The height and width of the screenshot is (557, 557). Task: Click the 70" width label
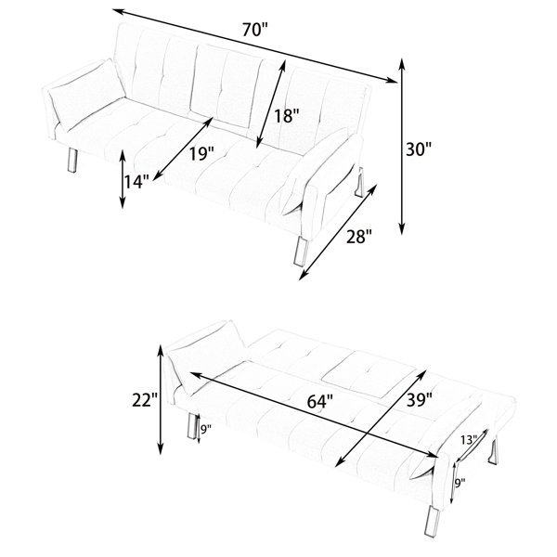(255, 30)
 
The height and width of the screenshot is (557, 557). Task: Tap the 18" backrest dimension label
(287, 116)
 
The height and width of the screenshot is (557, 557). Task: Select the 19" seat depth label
(201, 153)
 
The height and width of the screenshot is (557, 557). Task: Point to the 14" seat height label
(136, 182)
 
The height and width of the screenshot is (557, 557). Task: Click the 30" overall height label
(419, 149)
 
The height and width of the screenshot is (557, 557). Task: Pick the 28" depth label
(359, 236)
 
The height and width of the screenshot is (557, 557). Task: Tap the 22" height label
(145, 400)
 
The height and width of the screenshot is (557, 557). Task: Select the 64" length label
(319, 401)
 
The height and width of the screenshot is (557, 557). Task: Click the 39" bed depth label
(420, 400)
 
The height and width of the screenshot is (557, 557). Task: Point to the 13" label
(469, 440)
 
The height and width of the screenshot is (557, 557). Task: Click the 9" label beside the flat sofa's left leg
(206, 430)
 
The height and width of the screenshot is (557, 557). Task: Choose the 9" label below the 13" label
(460, 483)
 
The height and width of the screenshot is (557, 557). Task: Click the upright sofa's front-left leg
(72, 161)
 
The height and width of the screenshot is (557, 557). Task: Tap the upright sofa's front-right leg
(301, 250)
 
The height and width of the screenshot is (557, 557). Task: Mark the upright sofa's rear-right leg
(359, 182)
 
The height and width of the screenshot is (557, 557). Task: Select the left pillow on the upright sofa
(86, 94)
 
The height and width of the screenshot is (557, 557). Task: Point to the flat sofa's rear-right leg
(493, 452)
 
